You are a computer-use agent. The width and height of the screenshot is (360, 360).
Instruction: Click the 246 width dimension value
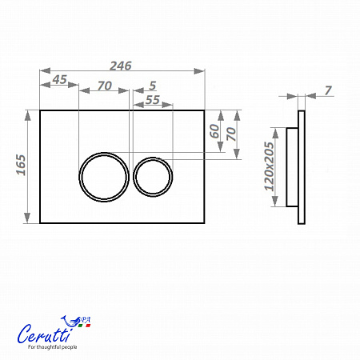121,66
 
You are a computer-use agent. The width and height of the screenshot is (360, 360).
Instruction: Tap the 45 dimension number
59,79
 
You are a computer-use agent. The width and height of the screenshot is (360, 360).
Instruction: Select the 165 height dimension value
21,165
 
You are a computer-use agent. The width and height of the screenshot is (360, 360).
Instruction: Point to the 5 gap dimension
152,86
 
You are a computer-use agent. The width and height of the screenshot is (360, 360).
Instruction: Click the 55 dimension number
153,100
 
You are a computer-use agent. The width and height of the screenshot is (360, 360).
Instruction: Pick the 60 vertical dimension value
214,131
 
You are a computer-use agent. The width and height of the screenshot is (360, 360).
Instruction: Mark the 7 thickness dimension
328,90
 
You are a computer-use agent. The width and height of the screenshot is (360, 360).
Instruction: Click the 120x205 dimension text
269,166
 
